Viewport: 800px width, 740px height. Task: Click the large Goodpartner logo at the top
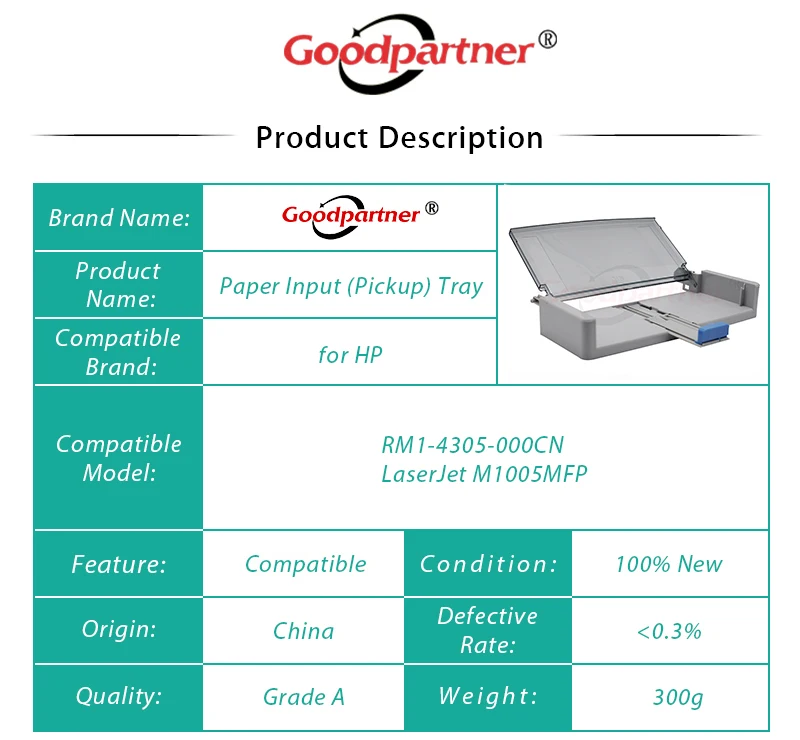tap(419, 53)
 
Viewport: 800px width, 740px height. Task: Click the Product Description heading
tap(399, 138)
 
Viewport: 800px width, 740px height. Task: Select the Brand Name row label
tap(119, 218)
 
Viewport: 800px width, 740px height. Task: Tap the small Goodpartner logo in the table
tap(360, 216)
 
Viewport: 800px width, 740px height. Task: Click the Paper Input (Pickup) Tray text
tap(351, 286)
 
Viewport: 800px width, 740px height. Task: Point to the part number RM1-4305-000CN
tap(472, 445)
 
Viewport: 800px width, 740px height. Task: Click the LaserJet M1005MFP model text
tap(484, 474)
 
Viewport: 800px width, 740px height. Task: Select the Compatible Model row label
tap(119, 458)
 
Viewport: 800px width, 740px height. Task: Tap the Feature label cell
tap(119, 564)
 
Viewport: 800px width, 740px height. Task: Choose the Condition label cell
tap(488, 564)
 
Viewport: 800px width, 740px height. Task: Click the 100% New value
tap(669, 564)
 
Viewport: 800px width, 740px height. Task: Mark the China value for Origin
tap(304, 631)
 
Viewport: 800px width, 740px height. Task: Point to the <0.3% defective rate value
tap(669, 632)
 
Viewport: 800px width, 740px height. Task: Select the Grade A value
tap(304, 697)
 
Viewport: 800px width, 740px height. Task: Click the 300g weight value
tap(678, 697)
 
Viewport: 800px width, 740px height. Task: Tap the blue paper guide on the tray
tap(712, 334)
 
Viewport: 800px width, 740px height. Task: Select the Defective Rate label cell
tap(488, 630)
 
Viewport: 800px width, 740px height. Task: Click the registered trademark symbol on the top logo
tap(547, 40)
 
